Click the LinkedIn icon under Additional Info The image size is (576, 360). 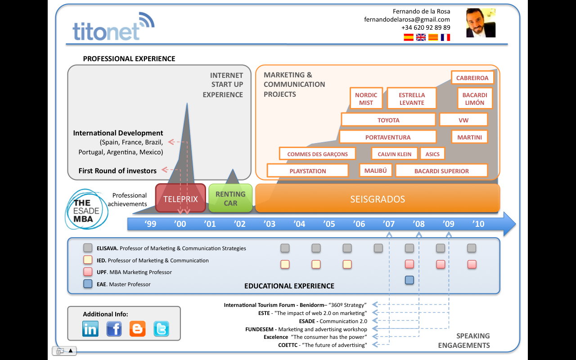tap(90, 328)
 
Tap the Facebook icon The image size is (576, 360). tap(114, 328)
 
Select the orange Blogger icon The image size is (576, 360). tap(138, 328)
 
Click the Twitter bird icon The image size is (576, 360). tap(161, 328)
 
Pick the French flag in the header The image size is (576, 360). tap(445, 37)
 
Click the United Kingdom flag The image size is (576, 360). tap(421, 37)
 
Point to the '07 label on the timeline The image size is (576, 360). tap(388, 224)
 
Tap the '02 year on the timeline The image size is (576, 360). tap(239, 224)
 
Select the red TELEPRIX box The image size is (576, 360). tap(180, 198)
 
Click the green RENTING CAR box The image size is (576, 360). tap(230, 198)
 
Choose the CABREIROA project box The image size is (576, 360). tap(472, 78)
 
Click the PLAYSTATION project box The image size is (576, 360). tap(308, 171)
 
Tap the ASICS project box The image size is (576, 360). tap(432, 154)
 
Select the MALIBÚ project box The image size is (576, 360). tap(375, 171)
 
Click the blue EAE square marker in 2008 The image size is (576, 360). tap(409, 280)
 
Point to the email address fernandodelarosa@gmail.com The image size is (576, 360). tap(407, 19)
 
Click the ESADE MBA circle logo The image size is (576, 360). tap(86, 210)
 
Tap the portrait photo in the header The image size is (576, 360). tap(481, 22)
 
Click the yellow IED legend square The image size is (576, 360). tap(88, 260)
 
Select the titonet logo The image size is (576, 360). tap(113, 27)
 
